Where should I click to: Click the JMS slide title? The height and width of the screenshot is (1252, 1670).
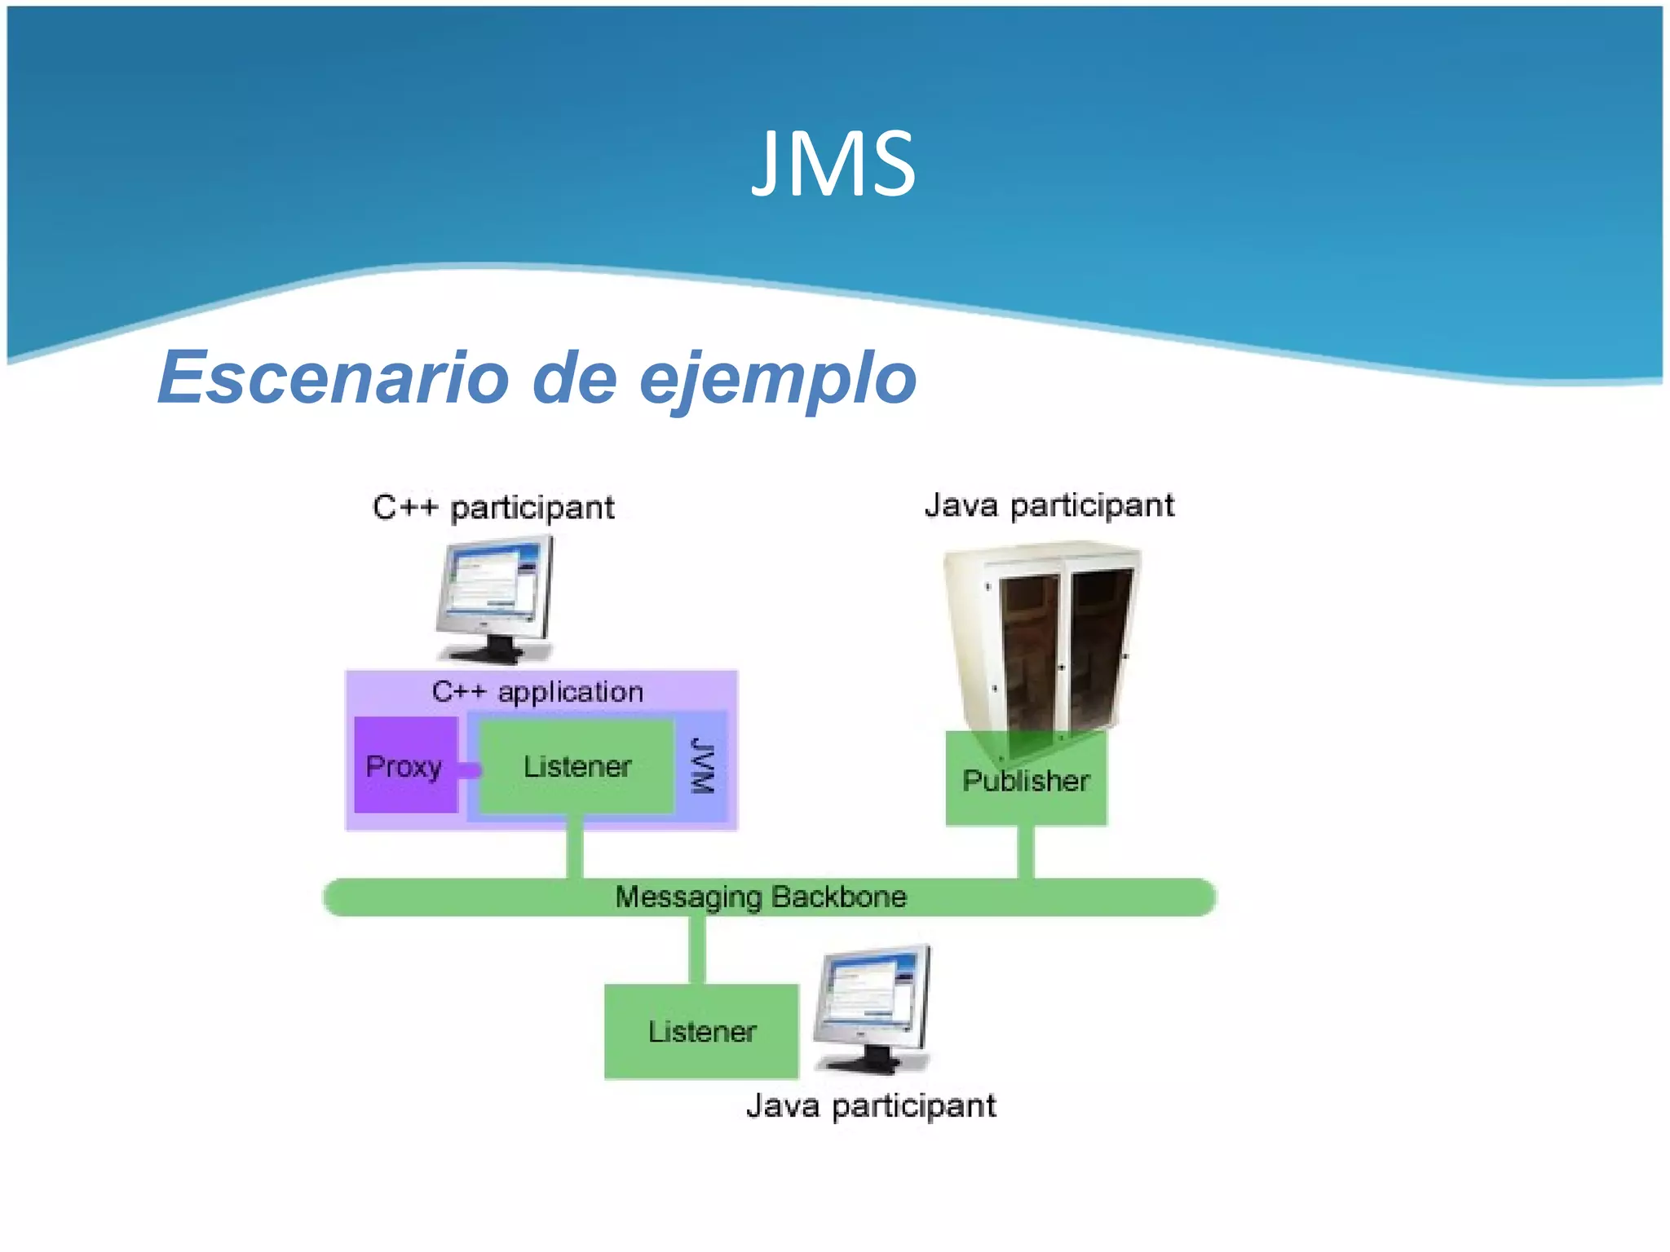(833, 165)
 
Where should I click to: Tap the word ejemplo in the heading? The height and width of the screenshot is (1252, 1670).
(778, 379)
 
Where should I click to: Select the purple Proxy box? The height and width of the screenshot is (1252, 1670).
(405, 765)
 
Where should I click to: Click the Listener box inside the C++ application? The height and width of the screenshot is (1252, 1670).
(577, 766)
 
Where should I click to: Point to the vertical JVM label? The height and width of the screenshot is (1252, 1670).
(702, 765)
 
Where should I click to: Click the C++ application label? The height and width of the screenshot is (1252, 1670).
(537, 692)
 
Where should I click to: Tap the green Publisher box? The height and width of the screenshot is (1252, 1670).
(1026, 780)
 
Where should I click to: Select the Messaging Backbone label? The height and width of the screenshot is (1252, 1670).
(760, 897)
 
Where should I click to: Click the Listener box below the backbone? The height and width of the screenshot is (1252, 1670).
(701, 1031)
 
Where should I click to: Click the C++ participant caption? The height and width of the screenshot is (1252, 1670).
(493, 507)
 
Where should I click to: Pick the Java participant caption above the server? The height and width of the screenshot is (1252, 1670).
(1049, 505)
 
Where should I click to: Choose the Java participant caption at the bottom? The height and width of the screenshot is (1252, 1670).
(871, 1106)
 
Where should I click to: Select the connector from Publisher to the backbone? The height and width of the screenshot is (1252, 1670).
(1026, 852)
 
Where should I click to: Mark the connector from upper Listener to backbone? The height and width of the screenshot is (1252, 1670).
(575, 848)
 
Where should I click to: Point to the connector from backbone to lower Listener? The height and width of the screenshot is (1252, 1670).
(697, 950)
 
